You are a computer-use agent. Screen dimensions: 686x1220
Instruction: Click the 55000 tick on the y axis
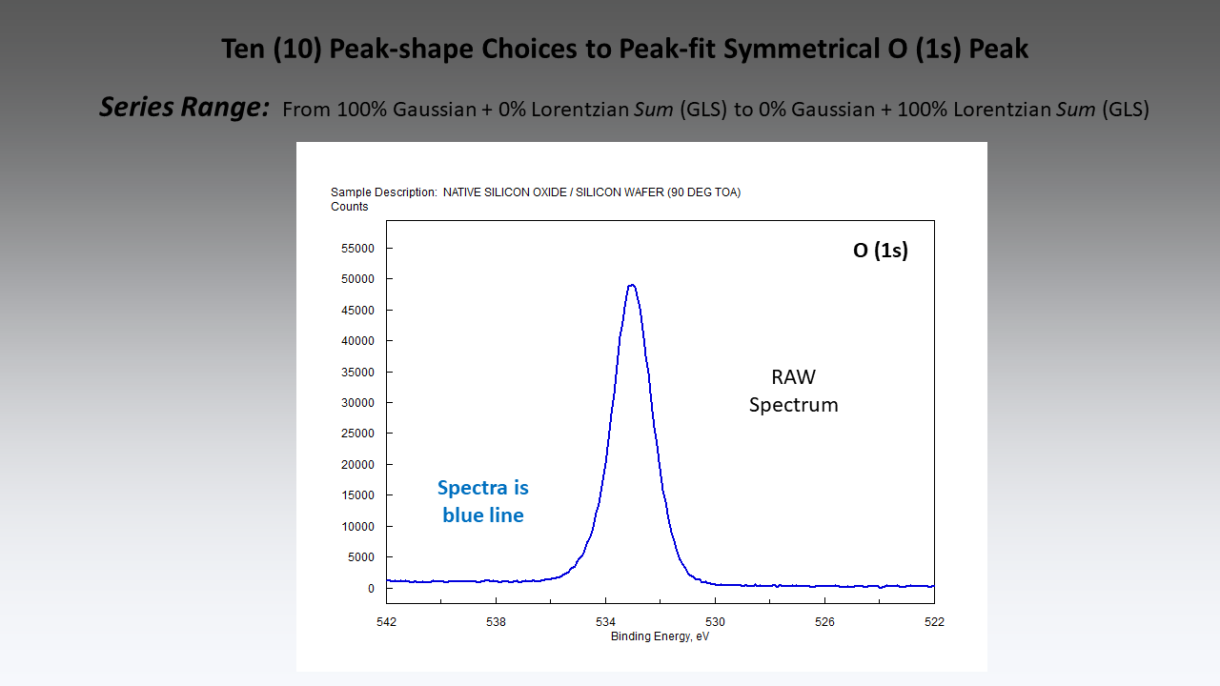tap(358, 249)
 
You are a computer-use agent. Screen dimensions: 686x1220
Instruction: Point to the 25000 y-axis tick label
tap(358, 434)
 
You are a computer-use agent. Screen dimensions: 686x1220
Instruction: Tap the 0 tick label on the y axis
tap(372, 588)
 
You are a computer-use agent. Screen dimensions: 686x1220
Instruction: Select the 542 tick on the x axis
tap(386, 622)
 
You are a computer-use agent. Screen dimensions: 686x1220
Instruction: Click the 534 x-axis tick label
tap(605, 622)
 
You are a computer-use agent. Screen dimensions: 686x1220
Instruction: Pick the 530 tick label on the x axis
tap(715, 622)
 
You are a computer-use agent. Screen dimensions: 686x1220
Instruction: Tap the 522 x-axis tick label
tap(934, 622)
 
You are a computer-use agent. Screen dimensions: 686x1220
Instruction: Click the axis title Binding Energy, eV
tap(660, 636)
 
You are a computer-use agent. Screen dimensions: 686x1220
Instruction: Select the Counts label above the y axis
tap(350, 207)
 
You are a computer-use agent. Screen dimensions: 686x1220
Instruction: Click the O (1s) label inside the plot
tap(880, 252)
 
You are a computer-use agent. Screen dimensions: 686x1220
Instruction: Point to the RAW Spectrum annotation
tap(793, 391)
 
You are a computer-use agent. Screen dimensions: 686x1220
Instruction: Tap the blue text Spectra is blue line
tap(483, 501)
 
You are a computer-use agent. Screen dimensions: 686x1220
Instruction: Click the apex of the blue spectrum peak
tap(631, 285)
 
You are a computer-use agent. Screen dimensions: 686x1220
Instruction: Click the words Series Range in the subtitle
tap(184, 108)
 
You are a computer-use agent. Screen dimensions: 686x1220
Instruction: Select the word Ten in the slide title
tap(243, 49)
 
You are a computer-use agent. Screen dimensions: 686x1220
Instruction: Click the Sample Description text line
tap(536, 192)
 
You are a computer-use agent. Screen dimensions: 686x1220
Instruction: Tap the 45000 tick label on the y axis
tap(358, 311)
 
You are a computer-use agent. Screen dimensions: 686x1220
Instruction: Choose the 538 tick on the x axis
tap(496, 622)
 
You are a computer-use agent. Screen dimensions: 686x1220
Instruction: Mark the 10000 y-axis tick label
tap(358, 526)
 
